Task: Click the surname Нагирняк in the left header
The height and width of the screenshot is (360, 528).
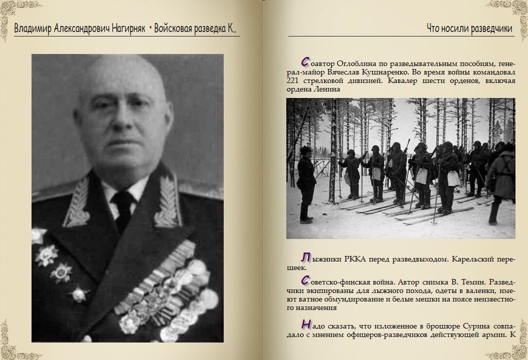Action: click(x=126, y=28)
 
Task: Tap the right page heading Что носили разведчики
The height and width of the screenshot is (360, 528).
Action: click(x=469, y=28)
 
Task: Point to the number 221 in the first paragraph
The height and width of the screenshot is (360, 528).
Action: click(x=294, y=80)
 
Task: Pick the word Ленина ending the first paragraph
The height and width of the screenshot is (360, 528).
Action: click(x=328, y=89)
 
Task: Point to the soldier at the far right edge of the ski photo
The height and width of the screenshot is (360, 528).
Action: click(x=502, y=180)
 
